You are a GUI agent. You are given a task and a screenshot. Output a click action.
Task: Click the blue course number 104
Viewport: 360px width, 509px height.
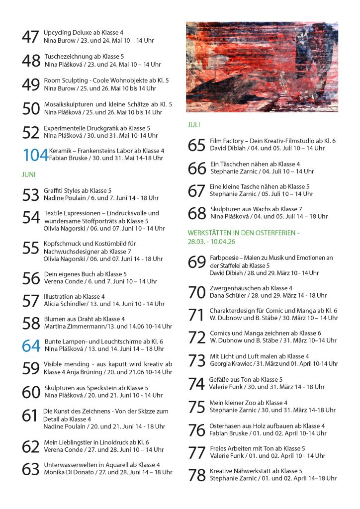point(35,155)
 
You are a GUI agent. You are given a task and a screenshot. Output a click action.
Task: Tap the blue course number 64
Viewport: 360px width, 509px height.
point(31,345)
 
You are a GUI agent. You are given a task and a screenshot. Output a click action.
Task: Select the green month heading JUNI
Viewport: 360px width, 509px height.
point(29,175)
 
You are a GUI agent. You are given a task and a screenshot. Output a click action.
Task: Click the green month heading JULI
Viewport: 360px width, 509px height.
point(194,125)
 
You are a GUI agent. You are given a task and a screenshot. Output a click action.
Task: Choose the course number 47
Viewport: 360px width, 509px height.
point(30,37)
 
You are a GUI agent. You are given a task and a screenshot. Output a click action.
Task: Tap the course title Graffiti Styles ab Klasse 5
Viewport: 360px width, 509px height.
point(78,190)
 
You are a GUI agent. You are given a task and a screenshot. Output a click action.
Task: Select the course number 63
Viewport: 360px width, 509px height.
point(31,469)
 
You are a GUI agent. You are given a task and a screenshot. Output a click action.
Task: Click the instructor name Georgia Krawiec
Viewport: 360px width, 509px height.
point(232,363)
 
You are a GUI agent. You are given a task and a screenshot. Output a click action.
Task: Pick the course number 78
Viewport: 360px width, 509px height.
point(197,475)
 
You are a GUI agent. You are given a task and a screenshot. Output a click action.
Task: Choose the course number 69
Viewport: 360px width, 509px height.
point(197,262)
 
